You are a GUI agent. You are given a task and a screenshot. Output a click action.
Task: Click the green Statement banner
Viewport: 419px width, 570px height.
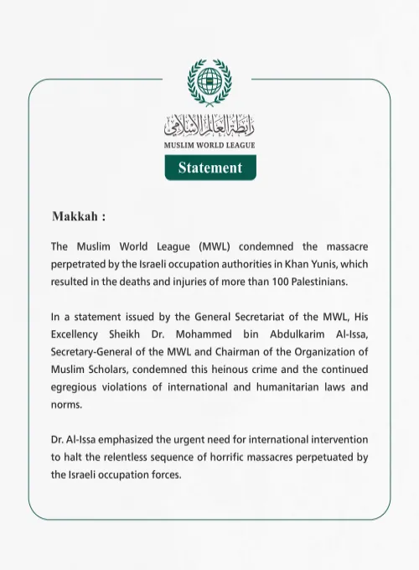click(x=209, y=168)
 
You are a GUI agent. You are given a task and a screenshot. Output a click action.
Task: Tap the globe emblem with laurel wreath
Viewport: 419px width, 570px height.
click(x=209, y=83)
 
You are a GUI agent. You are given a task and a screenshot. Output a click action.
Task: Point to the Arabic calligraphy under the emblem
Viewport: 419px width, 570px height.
click(x=209, y=126)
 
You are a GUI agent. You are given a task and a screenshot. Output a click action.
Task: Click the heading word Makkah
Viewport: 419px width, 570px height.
click(x=75, y=215)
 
